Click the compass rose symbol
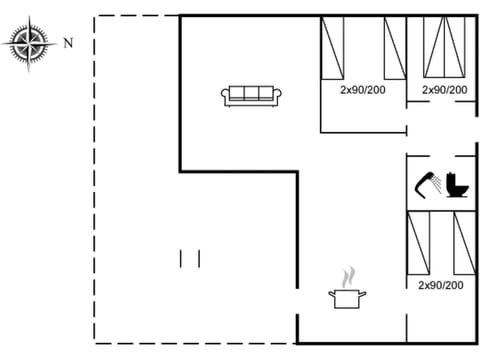(x=31, y=43)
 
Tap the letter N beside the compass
(x=68, y=43)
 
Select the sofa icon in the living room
(x=253, y=95)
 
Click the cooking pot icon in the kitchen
(x=347, y=297)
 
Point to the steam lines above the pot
(x=347, y=275)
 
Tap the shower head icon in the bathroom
(x=428, y=184)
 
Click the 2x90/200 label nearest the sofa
(x=362, y=90)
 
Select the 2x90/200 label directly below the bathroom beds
(x=441, y=285)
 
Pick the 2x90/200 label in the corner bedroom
(x=444, y=90)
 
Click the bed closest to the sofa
(x=333, y=47)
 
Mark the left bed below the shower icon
(x=419, y=243)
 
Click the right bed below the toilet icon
(x=463, y=243)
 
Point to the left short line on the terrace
(x=181, y=258)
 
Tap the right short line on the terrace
(x=199, y=258)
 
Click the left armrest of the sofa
(x=225, y=96)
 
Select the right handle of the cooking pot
(x=363, y=293)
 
